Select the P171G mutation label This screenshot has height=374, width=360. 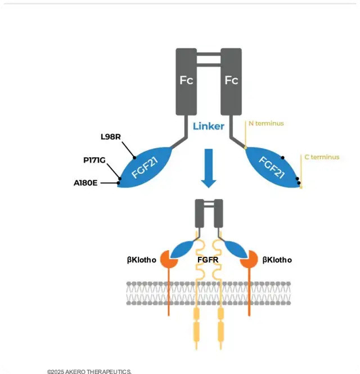[94, 161]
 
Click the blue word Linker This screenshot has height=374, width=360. [208, 126]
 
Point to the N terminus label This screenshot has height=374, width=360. [266, 123]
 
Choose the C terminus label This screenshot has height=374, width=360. [322, 157]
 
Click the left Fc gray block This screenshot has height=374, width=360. [186, 81]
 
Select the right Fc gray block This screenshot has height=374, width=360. [231, 81]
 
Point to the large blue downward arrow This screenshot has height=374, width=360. [209, 168]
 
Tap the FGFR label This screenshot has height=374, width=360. [209, 260]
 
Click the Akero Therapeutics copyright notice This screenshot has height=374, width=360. [89, 371]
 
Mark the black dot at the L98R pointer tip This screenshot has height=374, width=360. [135, 158]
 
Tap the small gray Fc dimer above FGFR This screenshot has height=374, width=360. [209, 213]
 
